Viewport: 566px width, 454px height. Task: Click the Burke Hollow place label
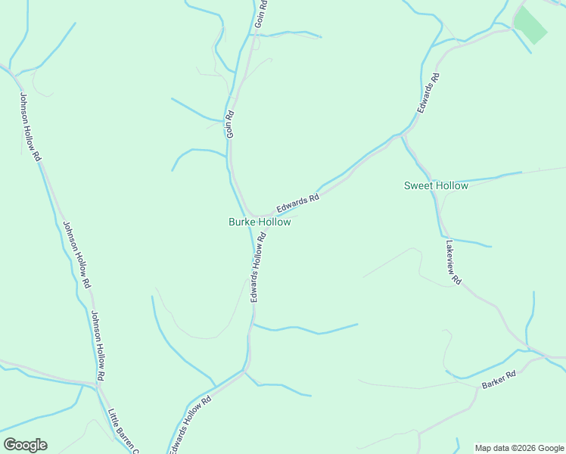[x=260, y=222]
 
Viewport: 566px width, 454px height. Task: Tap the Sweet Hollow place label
[x=436, y=185]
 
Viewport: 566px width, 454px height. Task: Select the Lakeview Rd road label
[x=453, y=263]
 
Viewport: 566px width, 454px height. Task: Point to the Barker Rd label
[x=499, y=380]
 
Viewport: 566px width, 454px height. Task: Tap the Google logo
[x=25, y=445]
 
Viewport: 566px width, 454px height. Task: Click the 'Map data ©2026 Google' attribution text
[x=519, y=448]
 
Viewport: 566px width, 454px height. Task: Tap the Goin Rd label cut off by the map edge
[x=261, y=14]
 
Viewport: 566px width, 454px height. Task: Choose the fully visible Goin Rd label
[x=231, y=125]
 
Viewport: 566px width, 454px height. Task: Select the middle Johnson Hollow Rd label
[x=76, y=254]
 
